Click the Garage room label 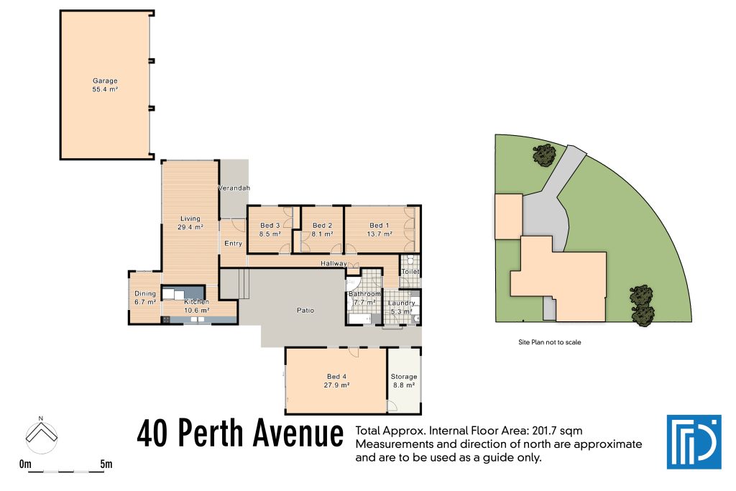coord(105,85)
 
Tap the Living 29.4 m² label coord(190,223)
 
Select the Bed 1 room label coord(380,229)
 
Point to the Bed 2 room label coord(322,229)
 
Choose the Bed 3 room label coord(270,229)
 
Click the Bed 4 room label coord(336,381)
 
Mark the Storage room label coord(403,381)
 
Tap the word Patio coord(305,311)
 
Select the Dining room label coord(145,298)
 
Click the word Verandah coord(234,188)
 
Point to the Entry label coord(233,244)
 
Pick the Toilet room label coord(410,272)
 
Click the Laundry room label coord(401,307)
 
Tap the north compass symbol coord(42,433)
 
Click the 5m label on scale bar coord(106,464)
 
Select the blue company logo coord(693,441)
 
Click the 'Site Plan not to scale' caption coord(549,342)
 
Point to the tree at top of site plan coord(543,154)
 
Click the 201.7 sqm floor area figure coord(557,431)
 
